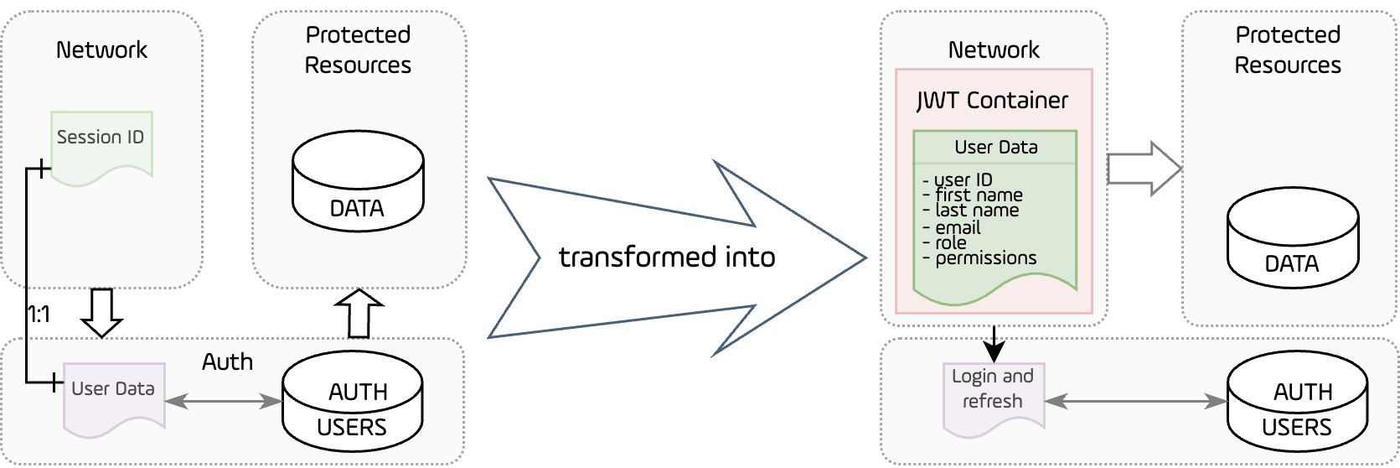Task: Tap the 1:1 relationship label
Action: point(39,315)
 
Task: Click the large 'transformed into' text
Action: point(667,257)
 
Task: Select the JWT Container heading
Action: point(993,101)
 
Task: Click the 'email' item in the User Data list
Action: point(958,227)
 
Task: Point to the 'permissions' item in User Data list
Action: point(985,258)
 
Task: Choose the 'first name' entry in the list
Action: point(979,195)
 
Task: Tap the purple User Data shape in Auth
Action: point(114,397)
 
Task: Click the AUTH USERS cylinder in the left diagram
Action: point(352,403)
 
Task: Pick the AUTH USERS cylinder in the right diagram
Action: point(1297,403)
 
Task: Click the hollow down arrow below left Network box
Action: point(101,311)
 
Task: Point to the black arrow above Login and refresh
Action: point(994,342)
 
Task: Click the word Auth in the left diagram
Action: point(227,362)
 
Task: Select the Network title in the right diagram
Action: point(994,50)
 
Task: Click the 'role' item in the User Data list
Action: point(951,243)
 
